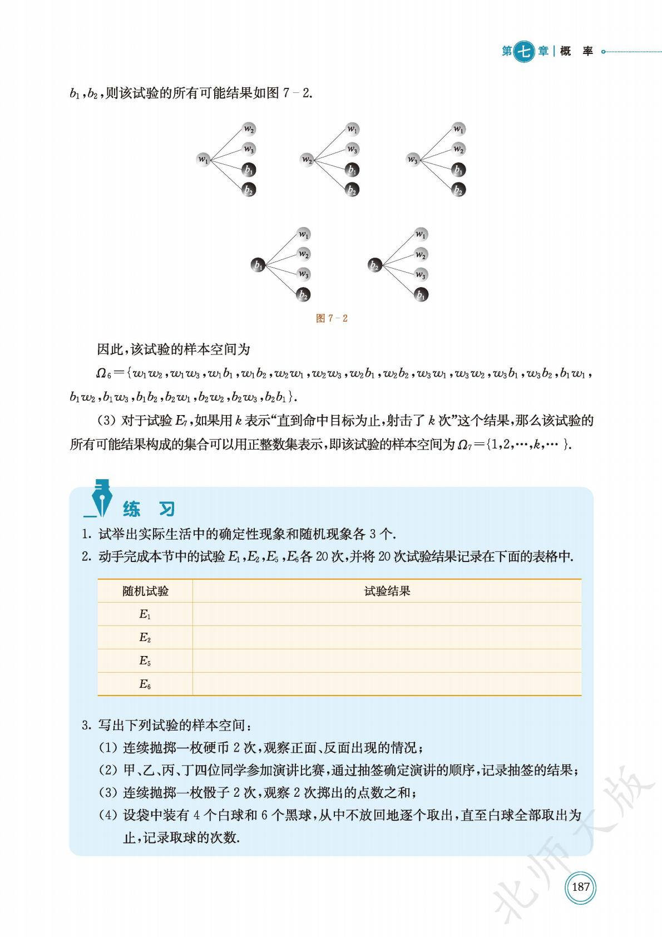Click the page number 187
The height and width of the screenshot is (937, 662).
580,886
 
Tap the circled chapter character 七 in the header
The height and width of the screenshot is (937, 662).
523,52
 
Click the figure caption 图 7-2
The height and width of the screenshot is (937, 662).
332,318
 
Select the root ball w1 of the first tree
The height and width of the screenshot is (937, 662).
204,160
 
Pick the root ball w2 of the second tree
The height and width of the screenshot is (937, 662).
307,160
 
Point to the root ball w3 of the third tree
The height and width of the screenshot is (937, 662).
412,160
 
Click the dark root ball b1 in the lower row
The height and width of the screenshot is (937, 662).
258,265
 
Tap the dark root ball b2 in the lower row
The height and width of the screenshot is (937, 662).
375,265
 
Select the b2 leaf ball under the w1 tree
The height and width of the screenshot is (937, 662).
249,190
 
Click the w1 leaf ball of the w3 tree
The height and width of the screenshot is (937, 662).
458,129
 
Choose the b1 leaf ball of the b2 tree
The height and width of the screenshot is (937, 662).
421,295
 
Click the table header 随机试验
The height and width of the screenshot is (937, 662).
145,591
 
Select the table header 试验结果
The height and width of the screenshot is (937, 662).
387,591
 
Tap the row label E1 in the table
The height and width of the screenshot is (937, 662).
145,614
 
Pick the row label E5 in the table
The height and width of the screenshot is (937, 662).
145,661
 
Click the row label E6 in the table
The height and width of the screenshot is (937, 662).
145,684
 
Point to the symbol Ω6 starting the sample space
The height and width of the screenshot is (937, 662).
102,373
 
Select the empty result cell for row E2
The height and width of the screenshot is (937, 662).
387,638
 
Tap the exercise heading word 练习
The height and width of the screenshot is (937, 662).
149,509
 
